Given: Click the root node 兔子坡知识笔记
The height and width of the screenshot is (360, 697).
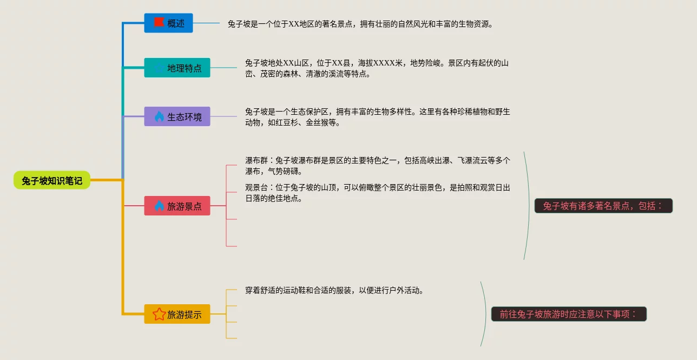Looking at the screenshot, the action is click(52, 180).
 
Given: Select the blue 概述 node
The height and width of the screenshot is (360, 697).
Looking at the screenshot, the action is click(168, 23).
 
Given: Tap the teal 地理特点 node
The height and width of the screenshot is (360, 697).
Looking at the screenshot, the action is click(177, 68).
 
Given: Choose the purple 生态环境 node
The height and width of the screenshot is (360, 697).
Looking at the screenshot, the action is click(177, 116).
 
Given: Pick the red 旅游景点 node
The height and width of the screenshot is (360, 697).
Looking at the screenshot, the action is click(177, 206).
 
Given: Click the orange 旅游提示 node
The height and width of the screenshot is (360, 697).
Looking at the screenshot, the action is click(177, 314).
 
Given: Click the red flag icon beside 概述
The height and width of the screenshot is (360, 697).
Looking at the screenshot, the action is click(159, 22).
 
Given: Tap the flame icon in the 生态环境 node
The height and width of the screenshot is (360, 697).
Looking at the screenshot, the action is click(159, 116).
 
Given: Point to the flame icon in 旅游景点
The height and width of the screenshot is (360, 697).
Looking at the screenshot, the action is click(159, 206).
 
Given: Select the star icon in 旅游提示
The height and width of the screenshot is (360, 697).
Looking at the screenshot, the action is click(159, 314).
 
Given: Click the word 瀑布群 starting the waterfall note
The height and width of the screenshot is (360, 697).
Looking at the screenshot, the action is click(256, 160).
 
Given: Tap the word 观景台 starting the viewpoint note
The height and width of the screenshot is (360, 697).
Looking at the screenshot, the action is click(256, 187).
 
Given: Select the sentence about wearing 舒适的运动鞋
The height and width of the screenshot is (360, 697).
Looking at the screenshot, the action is click(334, 290).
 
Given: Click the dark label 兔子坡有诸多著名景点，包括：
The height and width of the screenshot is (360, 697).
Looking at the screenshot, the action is click(603, 206).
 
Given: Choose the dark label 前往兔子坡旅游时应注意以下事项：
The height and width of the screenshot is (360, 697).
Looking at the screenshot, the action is click(568, 314).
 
